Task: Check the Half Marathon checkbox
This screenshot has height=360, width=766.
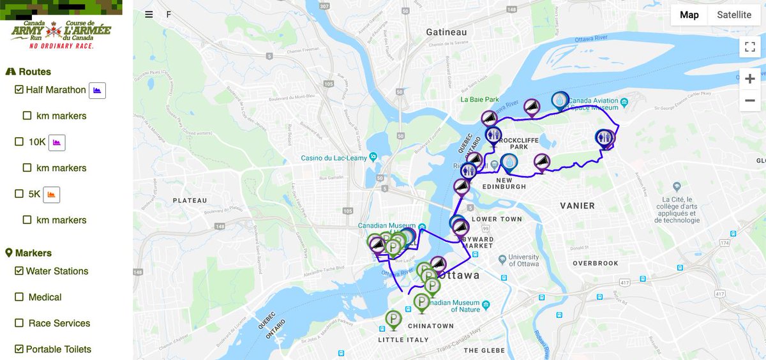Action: pos(19,90)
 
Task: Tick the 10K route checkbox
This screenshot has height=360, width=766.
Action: pos(19,142)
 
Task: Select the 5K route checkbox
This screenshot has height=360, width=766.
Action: pos(19,194)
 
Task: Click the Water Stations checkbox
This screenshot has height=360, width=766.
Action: pos(19,271)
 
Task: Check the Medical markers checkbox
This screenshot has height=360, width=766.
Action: pos(19,297)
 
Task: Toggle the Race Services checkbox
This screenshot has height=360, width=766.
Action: pos(19,324)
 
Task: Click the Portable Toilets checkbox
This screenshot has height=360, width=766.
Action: pos(19,349)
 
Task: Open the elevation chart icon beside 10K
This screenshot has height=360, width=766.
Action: pos(57,142)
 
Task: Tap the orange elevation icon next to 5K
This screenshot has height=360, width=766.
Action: pos(52,194)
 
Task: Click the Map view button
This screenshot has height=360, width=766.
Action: pos(689,15)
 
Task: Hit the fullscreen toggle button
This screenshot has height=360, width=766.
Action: pos(749,47)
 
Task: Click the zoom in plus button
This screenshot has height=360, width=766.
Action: pos(749,79)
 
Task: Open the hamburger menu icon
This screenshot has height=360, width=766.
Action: pos(149,15)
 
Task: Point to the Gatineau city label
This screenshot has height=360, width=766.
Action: pos(447,33)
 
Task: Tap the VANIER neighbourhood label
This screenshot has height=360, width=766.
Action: pos(576,206)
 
